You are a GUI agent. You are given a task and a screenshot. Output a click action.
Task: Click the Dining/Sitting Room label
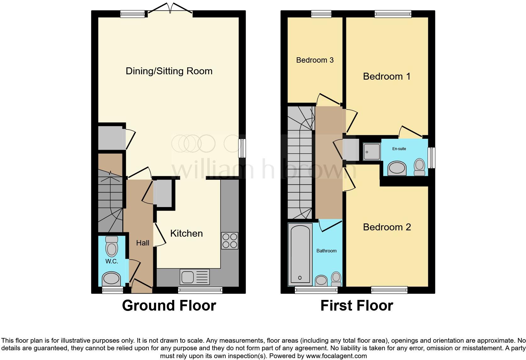(x=169, y=71)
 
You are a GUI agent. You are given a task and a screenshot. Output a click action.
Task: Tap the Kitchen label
(x=186, y=233)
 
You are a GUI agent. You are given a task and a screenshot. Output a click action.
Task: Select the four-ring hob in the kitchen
(x=230, y=241)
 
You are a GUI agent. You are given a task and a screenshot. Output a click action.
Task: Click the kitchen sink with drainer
(x=195, y=277)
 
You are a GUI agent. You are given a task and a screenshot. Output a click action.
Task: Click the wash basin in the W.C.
(x=111, y=278)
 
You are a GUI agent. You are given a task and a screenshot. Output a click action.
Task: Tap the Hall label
(x=143, y=243)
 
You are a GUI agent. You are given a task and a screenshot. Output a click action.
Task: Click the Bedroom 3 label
(x=315, y=60)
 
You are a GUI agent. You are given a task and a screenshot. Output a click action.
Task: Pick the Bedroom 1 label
(x=387, y=76)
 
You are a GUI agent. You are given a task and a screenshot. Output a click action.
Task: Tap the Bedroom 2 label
(x=387, y=227)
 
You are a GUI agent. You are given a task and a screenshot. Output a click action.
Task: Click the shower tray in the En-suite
(x=372, y=151)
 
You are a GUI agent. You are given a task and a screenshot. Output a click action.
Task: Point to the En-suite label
(x=399, y=149)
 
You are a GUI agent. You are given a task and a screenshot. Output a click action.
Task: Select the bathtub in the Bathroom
(x=300, y=255)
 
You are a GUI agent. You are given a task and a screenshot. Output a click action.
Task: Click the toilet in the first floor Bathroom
(x=336, y=278)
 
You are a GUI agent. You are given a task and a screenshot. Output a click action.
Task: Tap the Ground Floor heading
(x=169, y=306)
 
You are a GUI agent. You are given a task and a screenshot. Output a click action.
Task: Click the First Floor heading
(x=357, y=306)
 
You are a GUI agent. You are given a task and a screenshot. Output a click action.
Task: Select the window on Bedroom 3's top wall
(x=321, y=14)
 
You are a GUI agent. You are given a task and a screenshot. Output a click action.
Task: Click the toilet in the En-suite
(x=419, y=166)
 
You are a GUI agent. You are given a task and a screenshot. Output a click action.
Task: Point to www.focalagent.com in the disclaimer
(x=336, y=356)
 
